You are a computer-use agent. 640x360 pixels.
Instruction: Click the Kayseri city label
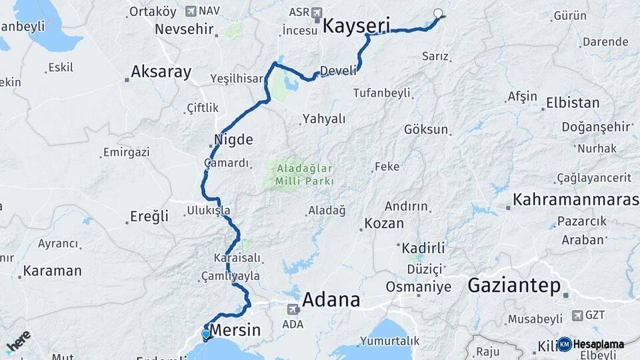[356, 27]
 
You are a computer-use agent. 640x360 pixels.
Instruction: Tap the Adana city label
[331, 299]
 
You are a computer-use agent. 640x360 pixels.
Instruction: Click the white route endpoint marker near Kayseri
[438, 13]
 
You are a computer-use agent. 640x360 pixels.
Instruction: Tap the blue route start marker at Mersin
[206, 334]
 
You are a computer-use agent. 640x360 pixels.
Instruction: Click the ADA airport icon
[293, 309]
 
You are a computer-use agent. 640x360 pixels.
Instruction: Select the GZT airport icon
[577, 315]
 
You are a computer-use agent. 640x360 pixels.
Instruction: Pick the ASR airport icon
[316, 12]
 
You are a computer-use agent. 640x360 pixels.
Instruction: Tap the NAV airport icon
[192, 11]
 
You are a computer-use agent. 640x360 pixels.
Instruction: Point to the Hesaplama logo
[591, 344]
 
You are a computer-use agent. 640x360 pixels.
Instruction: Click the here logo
[18, 341]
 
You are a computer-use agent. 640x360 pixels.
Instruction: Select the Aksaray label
[161, 72]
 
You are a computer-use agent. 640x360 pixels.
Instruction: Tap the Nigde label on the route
[233, 140]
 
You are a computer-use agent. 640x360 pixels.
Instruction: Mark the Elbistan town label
[573, 103]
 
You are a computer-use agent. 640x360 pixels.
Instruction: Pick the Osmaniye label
[418, 287]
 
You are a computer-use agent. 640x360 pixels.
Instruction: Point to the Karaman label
[52, 271]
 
